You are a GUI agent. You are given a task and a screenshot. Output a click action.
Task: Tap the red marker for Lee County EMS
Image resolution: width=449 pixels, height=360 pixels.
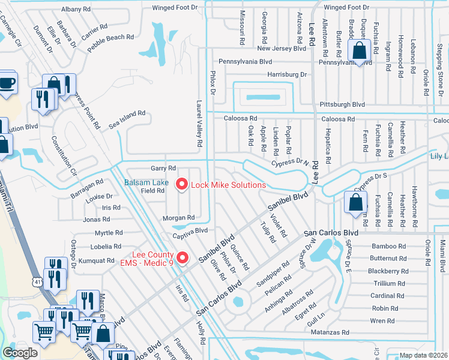coord(184,259)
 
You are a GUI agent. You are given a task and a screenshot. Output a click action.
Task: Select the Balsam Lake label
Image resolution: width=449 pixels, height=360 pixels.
coord(146,182)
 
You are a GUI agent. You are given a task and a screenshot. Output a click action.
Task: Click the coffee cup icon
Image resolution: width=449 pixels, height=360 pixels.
coord(7,83)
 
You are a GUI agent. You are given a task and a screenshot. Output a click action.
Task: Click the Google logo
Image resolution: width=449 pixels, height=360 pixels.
coord(20,353)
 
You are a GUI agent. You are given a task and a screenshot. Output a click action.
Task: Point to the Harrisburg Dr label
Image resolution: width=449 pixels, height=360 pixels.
coord(287,75)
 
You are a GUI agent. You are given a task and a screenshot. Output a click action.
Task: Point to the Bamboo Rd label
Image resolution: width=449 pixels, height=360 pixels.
coord(388,246)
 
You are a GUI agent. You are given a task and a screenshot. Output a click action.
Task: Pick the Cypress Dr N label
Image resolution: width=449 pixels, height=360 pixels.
coord(289,162)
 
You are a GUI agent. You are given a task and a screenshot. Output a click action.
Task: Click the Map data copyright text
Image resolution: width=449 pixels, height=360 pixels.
coord(424,355)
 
